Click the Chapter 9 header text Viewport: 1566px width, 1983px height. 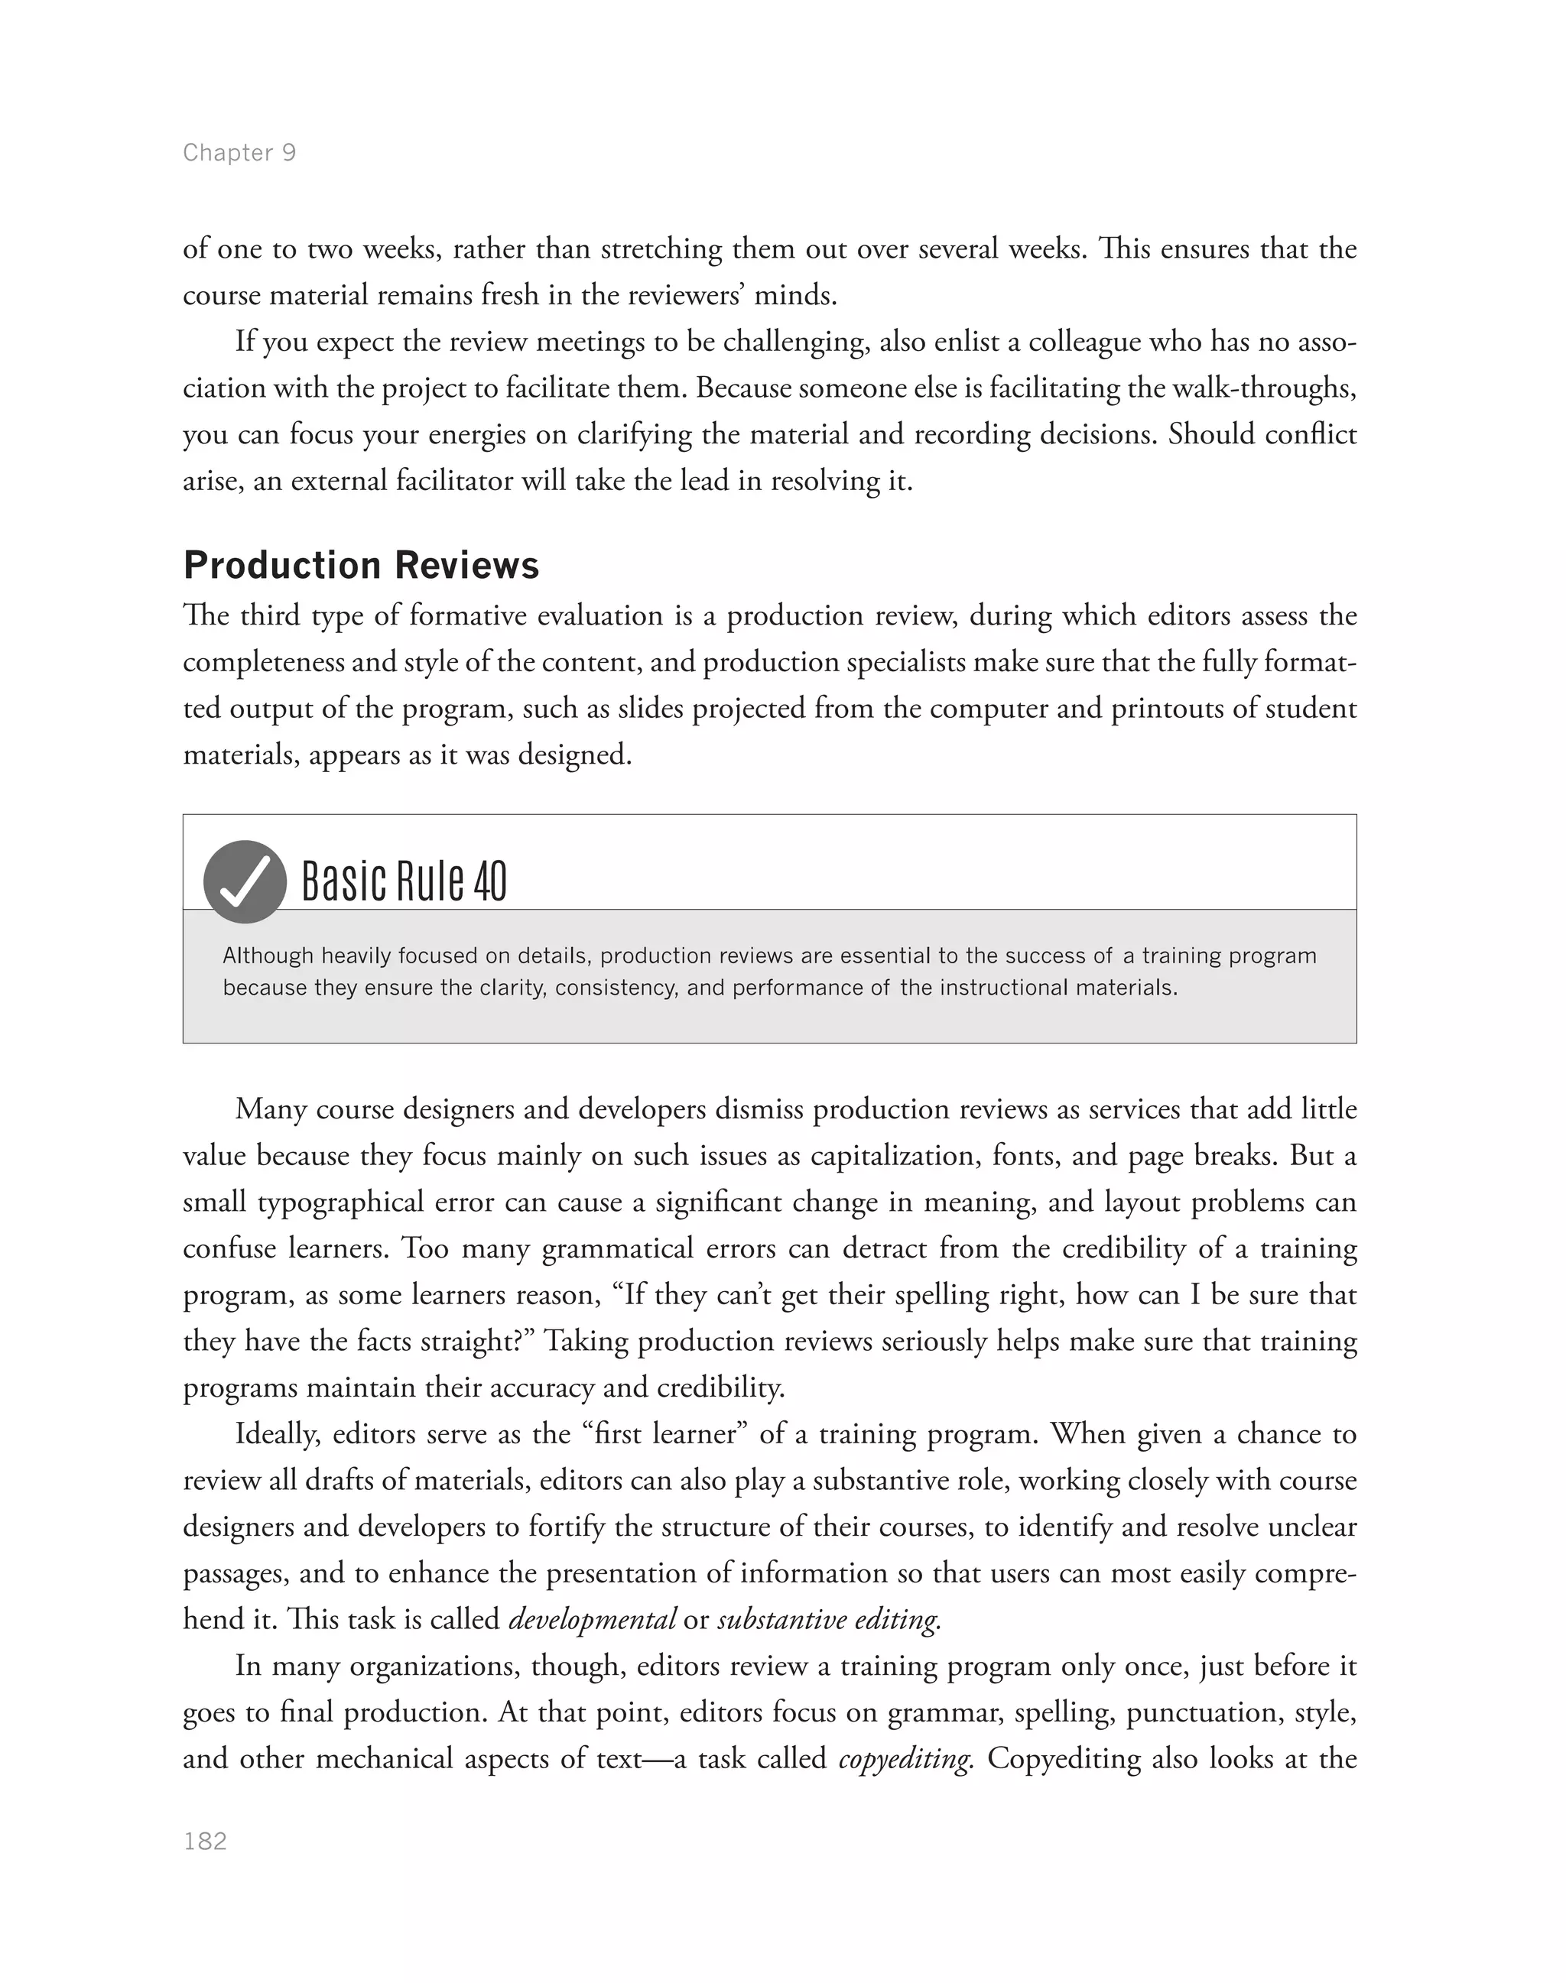click(239, 152)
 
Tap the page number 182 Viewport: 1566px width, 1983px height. click(206, 1842)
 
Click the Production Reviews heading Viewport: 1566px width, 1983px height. click(361, 566)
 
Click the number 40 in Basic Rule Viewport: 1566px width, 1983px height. click(490, 882)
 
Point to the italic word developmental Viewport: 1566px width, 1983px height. click(593, 1620)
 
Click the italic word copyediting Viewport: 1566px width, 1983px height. click(905, 1759)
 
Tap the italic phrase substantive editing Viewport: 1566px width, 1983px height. click(829, 1620)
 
